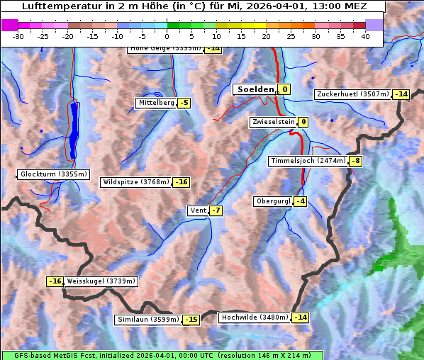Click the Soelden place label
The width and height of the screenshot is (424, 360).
click(x=255, y=89)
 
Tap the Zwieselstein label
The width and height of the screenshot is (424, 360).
click(x=273, y=122)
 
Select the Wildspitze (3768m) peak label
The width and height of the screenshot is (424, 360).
click(x=136, y=182)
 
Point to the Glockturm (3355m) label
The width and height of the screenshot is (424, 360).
click(x=54, y=174)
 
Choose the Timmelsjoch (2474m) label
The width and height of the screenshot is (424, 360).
click(x=308, y=161)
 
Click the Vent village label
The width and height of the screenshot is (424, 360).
click(x=198, y=210)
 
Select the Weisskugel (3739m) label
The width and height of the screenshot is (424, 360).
click(x=101, y=281)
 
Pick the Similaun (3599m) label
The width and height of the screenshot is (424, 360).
click(x=148, y=320)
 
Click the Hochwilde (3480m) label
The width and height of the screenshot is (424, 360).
click(x=255, y=317)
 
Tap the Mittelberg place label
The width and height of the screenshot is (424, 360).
click(x=156, y=103)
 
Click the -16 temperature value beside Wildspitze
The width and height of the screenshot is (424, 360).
click(x=182, y=182)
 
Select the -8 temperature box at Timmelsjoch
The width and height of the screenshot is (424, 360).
click(x=355, y=161)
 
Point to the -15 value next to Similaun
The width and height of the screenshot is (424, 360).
click(x=191, y=320)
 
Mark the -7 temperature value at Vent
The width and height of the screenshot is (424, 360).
click(x=216, y=210)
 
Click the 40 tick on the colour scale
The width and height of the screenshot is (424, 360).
click(x=365, y=36)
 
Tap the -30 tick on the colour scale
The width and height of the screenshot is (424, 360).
click(x=18, y=36)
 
